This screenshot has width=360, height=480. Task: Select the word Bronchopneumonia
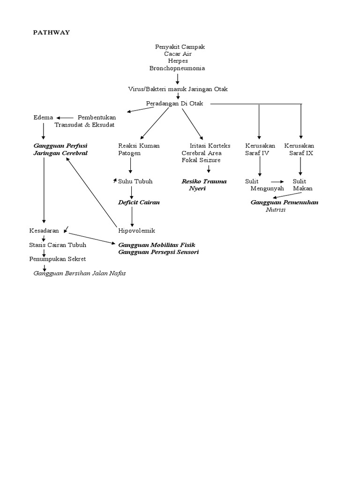click(x=177, y=68)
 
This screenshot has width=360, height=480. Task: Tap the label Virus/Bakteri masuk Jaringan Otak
click(x=178, y=89)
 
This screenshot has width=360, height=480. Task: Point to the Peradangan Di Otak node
click(x=174, y=104)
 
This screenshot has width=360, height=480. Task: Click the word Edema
click(x=43, y=118)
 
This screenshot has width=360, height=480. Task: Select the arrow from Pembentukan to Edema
click(x=65, y=118)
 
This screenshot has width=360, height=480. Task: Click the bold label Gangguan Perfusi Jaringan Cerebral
click(x=60, y=150)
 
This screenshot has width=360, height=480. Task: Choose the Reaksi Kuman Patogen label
click(x=139, y=150)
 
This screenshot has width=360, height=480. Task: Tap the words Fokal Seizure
click(x=201, y=160)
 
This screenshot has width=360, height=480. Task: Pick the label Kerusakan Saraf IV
click(x=260, y=150)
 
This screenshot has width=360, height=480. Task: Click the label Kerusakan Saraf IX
click(x=300, y=150)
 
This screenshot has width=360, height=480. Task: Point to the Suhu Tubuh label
click(x=135, y=181)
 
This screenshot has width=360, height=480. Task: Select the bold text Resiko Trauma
click(x=204, y=181)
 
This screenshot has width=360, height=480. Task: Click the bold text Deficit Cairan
click(x=139, y=202)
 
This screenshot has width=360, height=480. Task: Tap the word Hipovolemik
click(x=136, y=231)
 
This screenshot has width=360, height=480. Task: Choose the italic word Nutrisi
click(x=276, y=210)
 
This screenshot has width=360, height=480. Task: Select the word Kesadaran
click(x=44, y=231)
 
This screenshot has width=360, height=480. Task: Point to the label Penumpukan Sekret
click(x=57, y=259)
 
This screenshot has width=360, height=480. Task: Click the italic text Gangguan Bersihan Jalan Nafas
click(x=79, y=273)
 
